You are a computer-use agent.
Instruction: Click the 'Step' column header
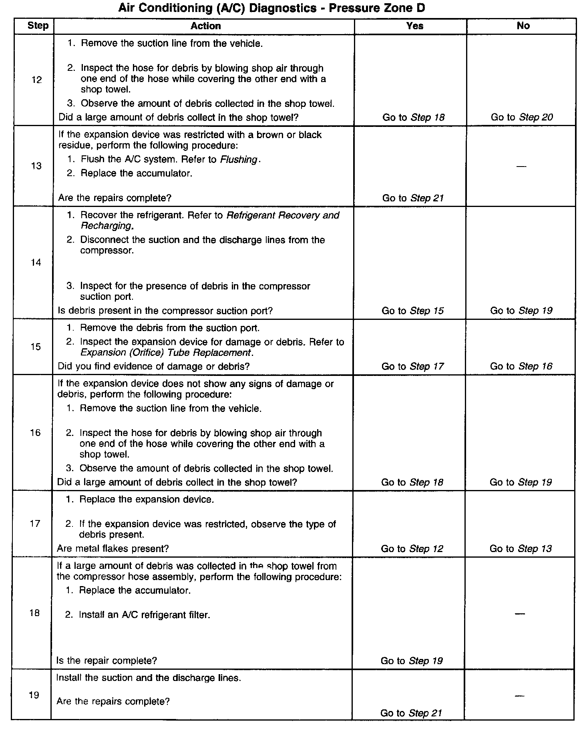38,26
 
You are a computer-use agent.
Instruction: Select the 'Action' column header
205,26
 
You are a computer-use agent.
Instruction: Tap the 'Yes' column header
414,26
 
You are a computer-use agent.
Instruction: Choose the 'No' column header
523,26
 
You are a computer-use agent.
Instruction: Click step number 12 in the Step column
36,80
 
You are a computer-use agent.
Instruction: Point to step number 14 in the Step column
36,263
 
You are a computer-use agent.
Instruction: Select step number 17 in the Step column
35,524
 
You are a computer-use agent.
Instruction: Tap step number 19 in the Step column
34,695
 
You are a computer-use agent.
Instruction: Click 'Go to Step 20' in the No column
522,117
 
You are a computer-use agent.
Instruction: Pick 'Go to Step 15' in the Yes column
412,311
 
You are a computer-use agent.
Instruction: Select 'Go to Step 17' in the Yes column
412,366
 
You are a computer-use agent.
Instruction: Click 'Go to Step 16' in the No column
521,366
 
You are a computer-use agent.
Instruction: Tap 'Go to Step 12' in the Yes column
412,548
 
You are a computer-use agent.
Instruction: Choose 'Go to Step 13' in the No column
521,548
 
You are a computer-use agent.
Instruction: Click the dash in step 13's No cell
521,166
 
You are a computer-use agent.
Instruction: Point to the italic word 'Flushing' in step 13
239,159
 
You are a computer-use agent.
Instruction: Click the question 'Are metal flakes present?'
113,548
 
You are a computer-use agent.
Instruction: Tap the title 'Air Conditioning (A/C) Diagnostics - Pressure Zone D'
271,8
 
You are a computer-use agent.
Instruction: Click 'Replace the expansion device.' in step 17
146,500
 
